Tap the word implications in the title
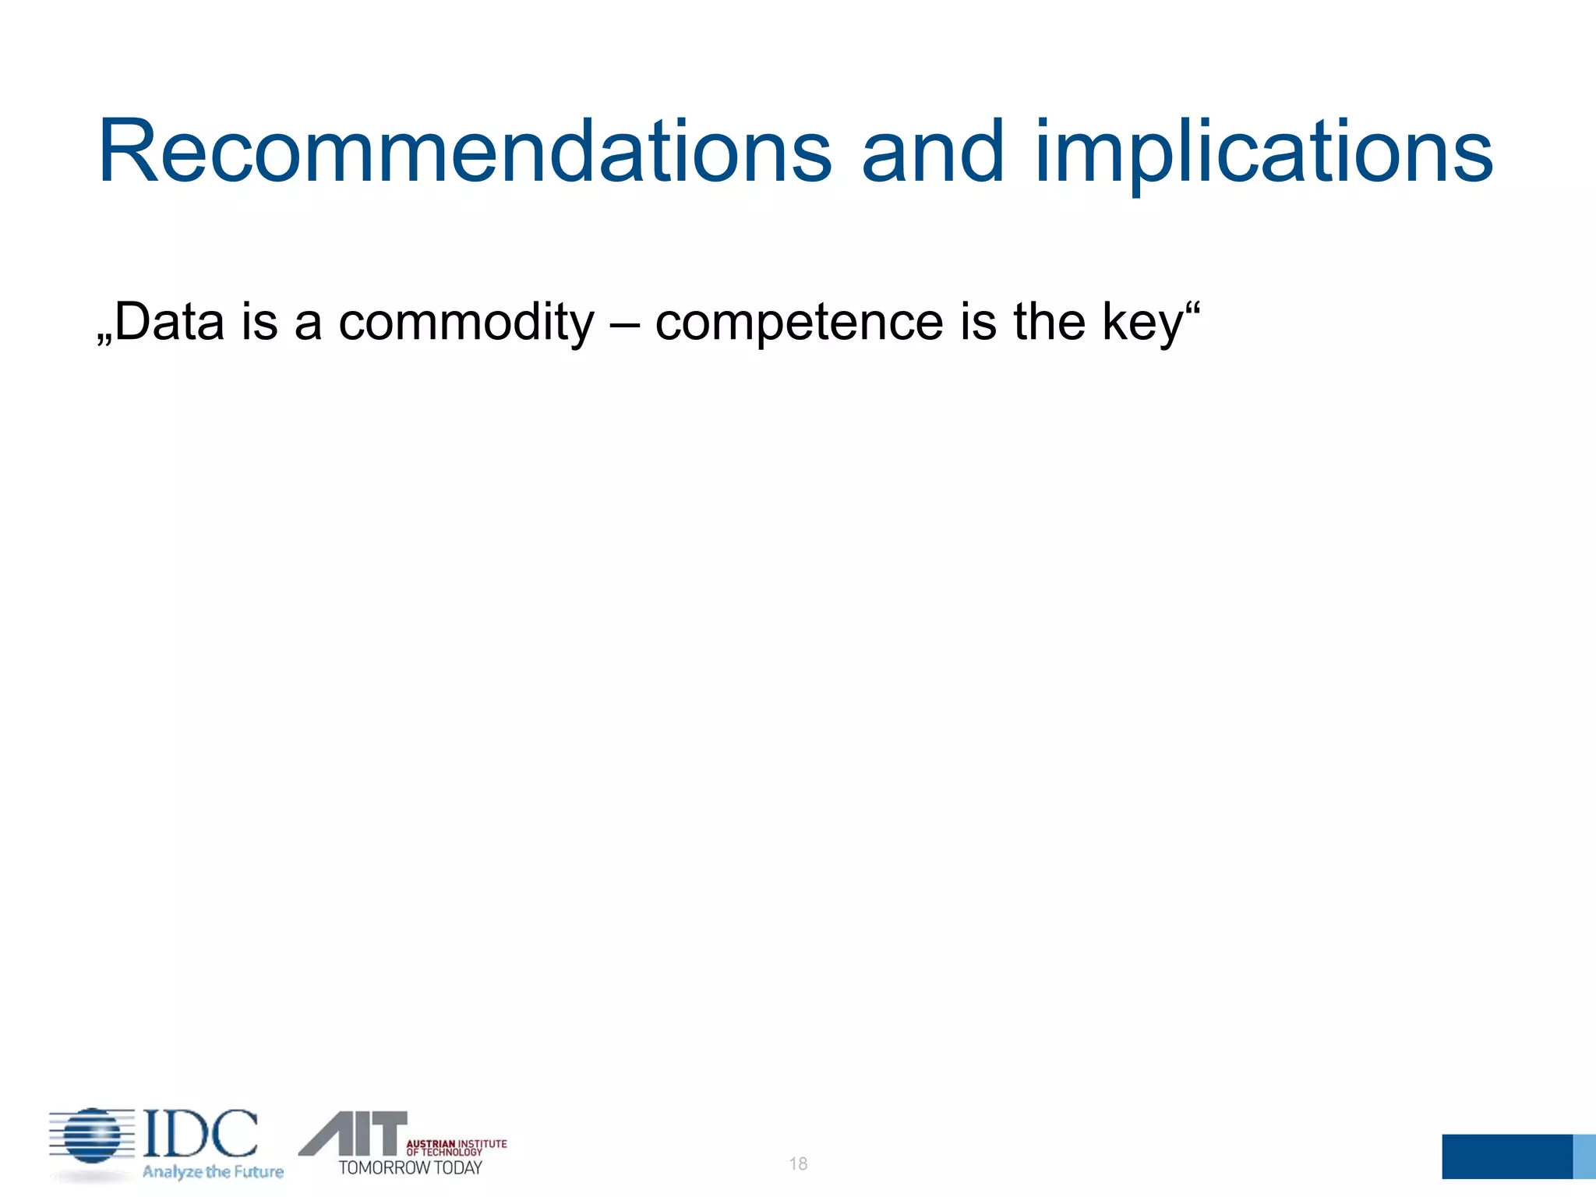pyautogui.click(x=1263, y=154)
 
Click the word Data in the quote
pyautogui.click(x=170, y=322)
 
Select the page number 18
pyautogui.click(x=798, y=1163)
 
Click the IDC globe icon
pyautogui.click(x=92, y=1137)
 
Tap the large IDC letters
pyautogui.click(x=200, y=1134)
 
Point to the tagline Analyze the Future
pyautogui.click(x=213, y=1171)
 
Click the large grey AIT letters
pyautogui.click(x=355, y=1133)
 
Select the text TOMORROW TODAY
pyautogui.click(x=410, y=1167)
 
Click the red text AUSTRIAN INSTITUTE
pyautogui.click(x=457, y=1143)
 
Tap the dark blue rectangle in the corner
pyautogui.click(x=1506, y=1156)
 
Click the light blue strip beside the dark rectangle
pyautogui.click(x=1584, y=1156)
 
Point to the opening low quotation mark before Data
pyautogui.click(x=104, y=340)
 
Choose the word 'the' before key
pyautogui.click(x=1049, y=322)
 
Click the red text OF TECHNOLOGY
pyautogui.click(x=444, y=1152)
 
